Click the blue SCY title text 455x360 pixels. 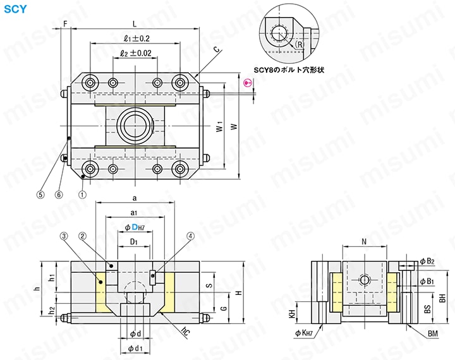tap(15, 9)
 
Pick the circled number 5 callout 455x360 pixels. tap(41, 195)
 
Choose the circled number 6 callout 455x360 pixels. tap(59, 195)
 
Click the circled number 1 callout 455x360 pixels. tap(82, 195)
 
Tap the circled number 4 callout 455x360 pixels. tap(190, 236)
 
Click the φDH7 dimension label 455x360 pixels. tap(135, 227)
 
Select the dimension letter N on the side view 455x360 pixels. tap(363, 242)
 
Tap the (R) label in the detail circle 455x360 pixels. tap(299, 45)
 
